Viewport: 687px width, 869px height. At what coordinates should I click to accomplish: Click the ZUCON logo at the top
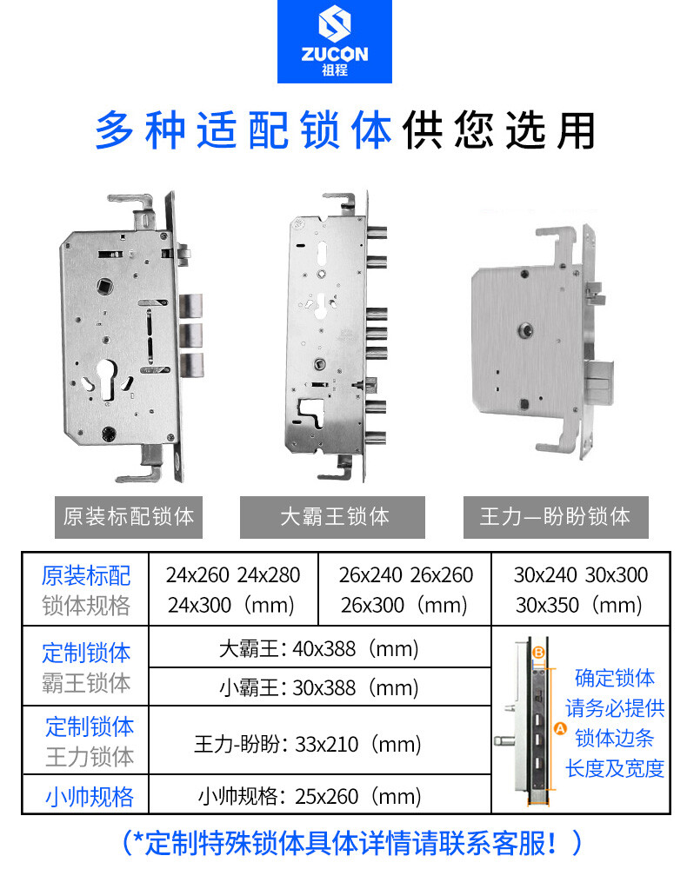[334, 41]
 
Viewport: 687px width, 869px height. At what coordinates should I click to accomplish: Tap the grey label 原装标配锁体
[128, 517]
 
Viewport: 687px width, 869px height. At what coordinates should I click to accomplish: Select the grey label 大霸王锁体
[332, 517]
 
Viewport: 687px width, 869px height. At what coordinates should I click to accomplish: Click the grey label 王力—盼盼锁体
[556, 517]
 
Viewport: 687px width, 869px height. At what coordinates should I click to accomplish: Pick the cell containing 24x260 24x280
[233, 590]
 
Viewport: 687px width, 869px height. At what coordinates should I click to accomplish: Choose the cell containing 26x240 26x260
[404, 590]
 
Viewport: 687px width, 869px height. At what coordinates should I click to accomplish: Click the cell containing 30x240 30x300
[581, 590]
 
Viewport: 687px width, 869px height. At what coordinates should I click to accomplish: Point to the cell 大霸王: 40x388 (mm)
[320, 647]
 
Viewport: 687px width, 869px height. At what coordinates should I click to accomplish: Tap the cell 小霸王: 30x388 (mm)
[320, 687]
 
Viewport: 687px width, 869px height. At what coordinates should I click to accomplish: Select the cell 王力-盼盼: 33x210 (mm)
[320, 740]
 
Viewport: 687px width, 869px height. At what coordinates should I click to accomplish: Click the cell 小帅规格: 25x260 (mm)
[320, 795]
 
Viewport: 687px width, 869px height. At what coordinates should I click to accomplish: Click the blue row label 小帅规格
[90, 797]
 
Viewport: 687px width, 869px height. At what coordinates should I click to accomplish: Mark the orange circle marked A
[560, 728]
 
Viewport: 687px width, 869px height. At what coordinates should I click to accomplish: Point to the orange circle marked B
[538, 653]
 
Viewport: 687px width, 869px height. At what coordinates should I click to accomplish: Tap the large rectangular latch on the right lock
[599, 381]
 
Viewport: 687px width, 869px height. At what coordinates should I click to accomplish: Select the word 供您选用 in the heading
[499, 131]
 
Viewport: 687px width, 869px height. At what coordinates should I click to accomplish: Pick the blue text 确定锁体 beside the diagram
[614, 678]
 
